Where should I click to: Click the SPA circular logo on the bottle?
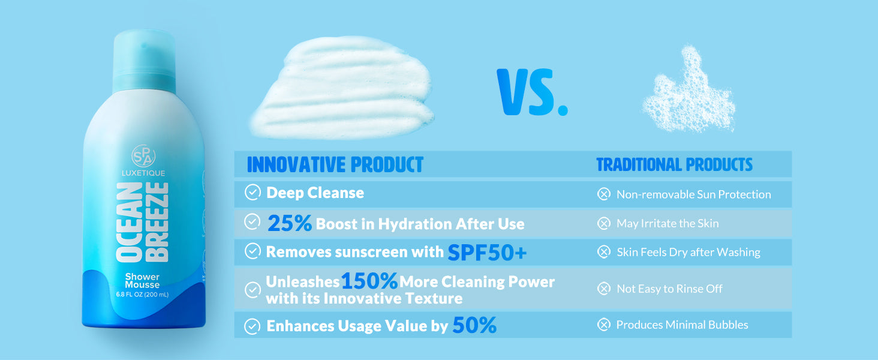click(x=143, y=156)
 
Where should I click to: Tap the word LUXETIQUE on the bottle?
click(x=143, y=173)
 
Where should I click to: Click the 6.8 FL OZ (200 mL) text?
click(x=142, y=295)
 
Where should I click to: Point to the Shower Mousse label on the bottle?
click(x=142, y=281)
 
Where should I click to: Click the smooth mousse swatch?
click(x=342, y=88)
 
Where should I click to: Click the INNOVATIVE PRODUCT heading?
click(x=335, y=164)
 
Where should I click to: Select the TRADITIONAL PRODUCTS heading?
click(x=674, y=165)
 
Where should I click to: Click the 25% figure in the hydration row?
click(x=290, y=223)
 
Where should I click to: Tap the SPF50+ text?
click(x=487, y=252)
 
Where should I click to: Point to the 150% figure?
click(x=369, y=281)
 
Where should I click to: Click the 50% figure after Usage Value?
click(x=474, y=325)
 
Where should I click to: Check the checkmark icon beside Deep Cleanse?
click(x=253, y=192)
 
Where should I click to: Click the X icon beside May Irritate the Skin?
click(x=604, y=223)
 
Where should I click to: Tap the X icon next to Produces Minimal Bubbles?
click(x=604, y=325)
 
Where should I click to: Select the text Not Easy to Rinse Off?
click(x=669, y=289)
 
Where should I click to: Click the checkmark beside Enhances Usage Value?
click(x=252, y=326)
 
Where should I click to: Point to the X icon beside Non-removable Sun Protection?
click(x=604, y=194)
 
